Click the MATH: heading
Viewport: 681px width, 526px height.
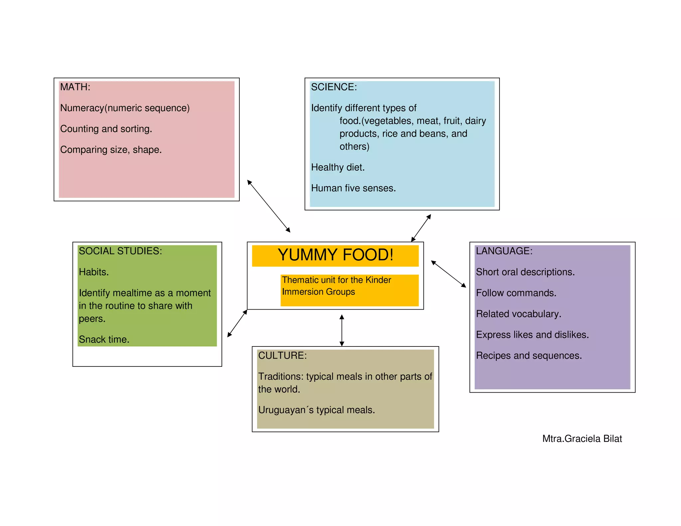pyautogui.click(x=75, y=87)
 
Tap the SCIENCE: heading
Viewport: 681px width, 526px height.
pyautogui.click(x=334, y=87)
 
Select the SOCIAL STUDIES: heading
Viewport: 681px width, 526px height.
pyautogui.click(x=120, y=251)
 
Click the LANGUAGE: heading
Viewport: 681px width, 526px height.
pyautogui.click(x=504, y=251)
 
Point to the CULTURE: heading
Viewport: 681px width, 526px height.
pyautogui.click(x=282, y=355)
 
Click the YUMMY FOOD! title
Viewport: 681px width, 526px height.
pyautogui.click(x=335, y=255)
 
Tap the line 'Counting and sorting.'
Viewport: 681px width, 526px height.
pyautogui.click(x=106, y=129)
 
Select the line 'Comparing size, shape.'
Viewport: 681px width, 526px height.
pyautogui.click(x=111, y=150)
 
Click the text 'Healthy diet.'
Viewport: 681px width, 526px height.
pyautogui.click(x=338, y=168)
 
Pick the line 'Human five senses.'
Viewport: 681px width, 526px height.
pyautogui.click(x=353, y=189)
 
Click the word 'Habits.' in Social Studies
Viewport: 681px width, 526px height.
pyautogui.click(x=94, y=272)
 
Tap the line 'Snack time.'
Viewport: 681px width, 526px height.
pyautogui.click(x=104, y=339)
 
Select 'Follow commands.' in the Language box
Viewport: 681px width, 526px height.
pyautogui.click(x=516, y=293)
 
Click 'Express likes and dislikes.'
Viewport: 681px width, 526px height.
pyautogui.click(x=532, y=335)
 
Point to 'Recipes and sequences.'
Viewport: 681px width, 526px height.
pyautogui.click(x=529, y=356)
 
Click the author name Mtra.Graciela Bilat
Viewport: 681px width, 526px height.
pyautogui.click(x=582, y=439)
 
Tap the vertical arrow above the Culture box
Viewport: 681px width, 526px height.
pyautogui.click(x=342, y=330)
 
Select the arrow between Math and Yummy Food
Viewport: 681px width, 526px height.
pyautogui.click(x=269, y=206)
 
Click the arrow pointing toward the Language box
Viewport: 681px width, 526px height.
pyautogui.click(x=448, y=274)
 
